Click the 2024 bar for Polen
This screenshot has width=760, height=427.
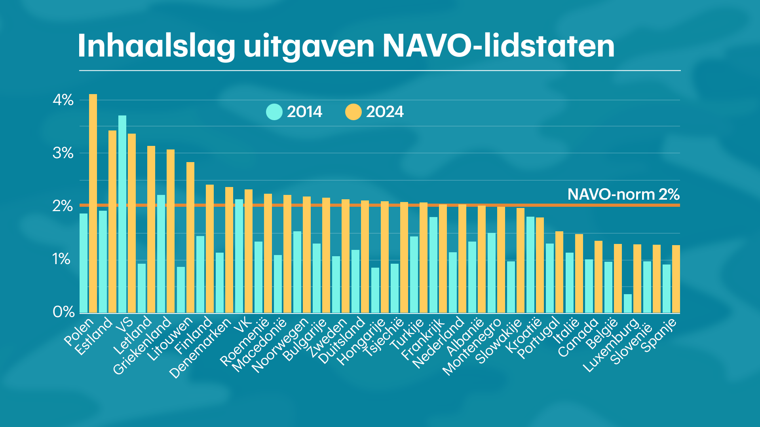click(93, 204)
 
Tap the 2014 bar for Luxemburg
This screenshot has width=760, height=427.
click(628, 303)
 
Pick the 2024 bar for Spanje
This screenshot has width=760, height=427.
click(676, 279)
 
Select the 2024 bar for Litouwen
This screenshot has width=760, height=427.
click(190, 237)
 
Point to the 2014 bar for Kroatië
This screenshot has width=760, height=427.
click(530, 265)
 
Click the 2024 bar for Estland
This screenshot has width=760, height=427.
click(112, 221)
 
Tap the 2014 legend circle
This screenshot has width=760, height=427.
click(274, 112)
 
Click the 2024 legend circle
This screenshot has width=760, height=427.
click(353, 112)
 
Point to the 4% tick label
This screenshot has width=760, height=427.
click(63, 100)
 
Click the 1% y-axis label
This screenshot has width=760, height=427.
click(61, 259)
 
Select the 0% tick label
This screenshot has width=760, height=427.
click(63, 312)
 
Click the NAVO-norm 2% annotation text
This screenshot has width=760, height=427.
click(623, 195)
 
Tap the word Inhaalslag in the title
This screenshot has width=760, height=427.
click(156, 47)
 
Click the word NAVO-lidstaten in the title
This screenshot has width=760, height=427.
click(498, 46)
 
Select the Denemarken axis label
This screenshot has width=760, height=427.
click(200, 348)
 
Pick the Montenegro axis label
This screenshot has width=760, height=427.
click(472, 347)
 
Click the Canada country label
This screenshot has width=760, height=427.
click(578, 337)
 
